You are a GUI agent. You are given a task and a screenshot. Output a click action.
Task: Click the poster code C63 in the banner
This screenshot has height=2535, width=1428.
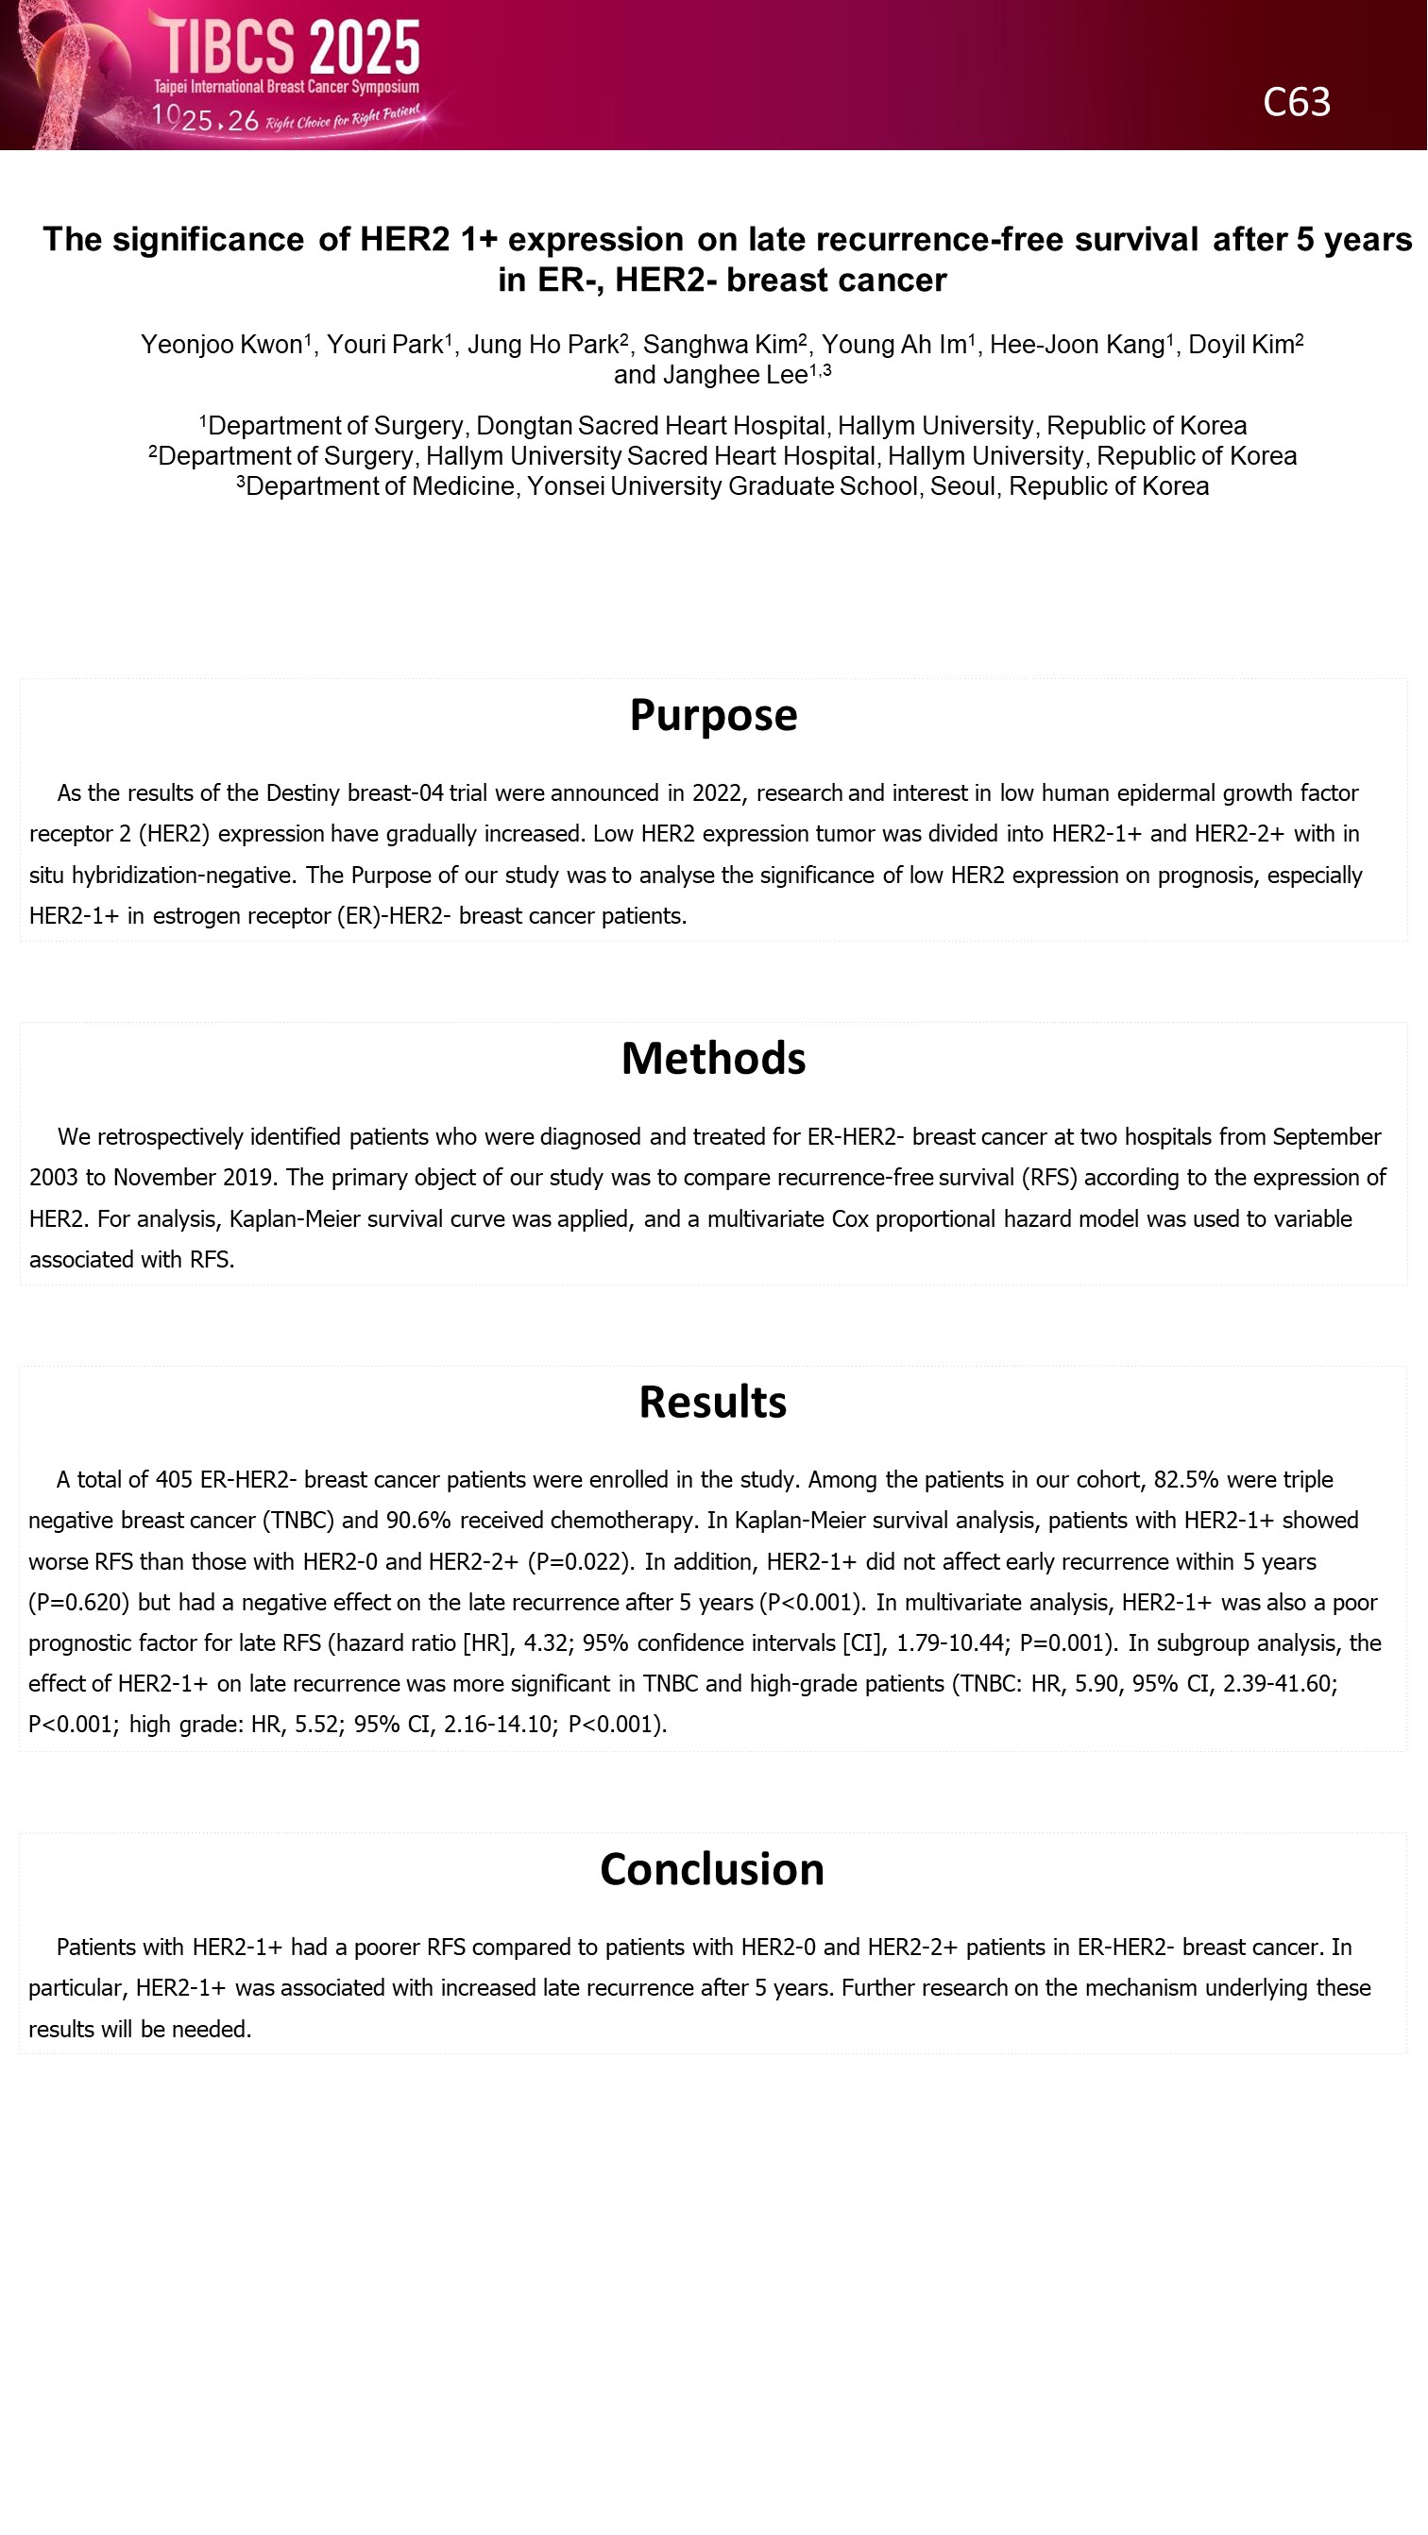[x=1296, y=102]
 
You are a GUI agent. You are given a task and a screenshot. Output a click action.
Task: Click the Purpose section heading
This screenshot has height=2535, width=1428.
[x=713, y=715]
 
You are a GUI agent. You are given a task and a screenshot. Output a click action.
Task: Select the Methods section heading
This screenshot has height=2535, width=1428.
[x=713, y=1059]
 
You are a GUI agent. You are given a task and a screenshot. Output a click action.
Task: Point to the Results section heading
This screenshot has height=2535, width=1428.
[x=712, y=1403]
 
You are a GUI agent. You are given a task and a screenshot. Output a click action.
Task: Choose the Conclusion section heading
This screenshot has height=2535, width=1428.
[x=712, y=1870]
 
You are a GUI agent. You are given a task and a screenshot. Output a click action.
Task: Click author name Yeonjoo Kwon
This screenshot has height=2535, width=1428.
[x=221, y=345]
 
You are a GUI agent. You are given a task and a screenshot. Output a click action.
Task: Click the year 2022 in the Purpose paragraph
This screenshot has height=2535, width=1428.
[x=717, y=793]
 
